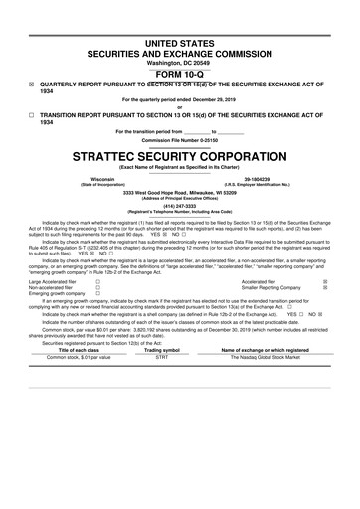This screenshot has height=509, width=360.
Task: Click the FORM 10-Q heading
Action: pos(179,73)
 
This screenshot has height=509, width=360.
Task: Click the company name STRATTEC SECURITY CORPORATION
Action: pos(179,156)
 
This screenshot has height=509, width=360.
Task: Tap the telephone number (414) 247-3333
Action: pos(179,205)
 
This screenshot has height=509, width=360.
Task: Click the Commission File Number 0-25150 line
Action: pos(179,140)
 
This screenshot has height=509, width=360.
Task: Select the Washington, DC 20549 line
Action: pos(179,62)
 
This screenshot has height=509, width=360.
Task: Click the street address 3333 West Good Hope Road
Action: pos(179,192)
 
